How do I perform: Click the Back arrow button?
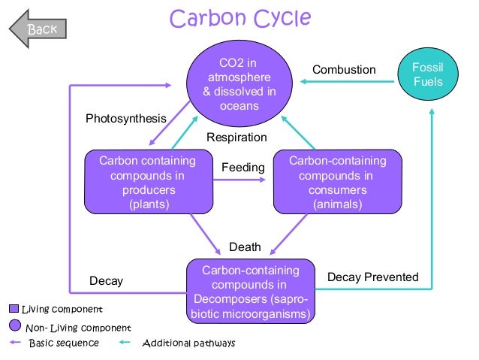coord(37,29)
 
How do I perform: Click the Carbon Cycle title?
coord(240,18)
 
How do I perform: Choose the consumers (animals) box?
coord(337,183)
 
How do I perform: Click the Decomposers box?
coord(251,292)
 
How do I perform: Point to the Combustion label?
coord(344,70)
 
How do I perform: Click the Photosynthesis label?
coord(125,119)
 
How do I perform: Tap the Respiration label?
coord(236,138)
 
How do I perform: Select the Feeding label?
coord(243,168)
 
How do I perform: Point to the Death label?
coord(245,247)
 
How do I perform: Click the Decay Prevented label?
coord(373,277)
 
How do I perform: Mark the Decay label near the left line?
coord(106,281)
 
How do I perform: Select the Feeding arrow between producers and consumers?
coord(243,183)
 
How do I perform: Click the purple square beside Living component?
coord(14,309)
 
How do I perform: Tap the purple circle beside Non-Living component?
coord(14,326)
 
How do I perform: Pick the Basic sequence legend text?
coord(63,343)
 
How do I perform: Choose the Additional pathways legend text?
coord(188,343)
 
